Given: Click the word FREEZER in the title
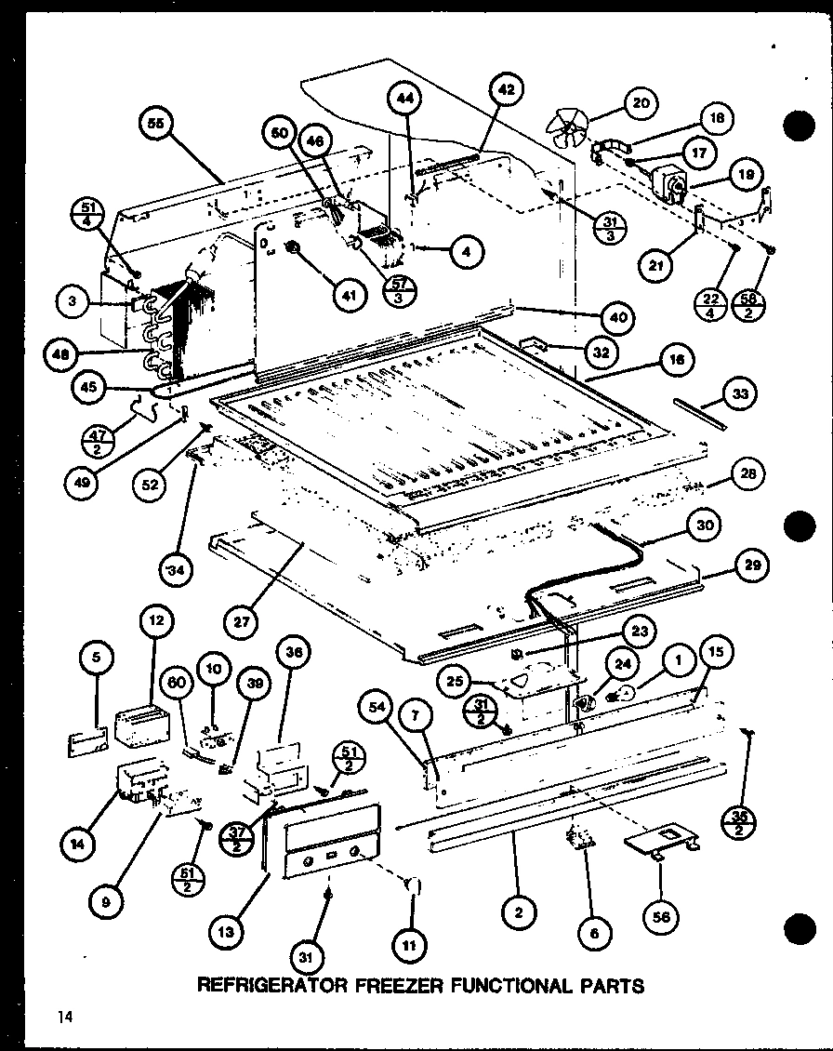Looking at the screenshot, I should click(x=395, y=984).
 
